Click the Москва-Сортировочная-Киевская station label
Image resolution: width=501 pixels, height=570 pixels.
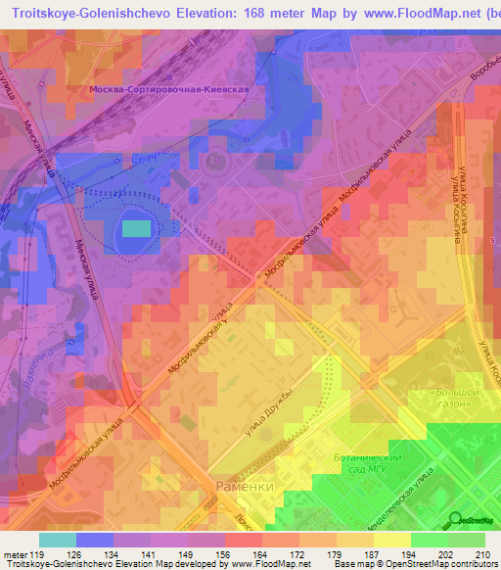[x=177, y=88]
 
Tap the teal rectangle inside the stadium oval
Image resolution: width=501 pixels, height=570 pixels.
[x=136, y=229]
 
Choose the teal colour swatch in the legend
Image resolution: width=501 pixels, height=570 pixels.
[x=58, y=541]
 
